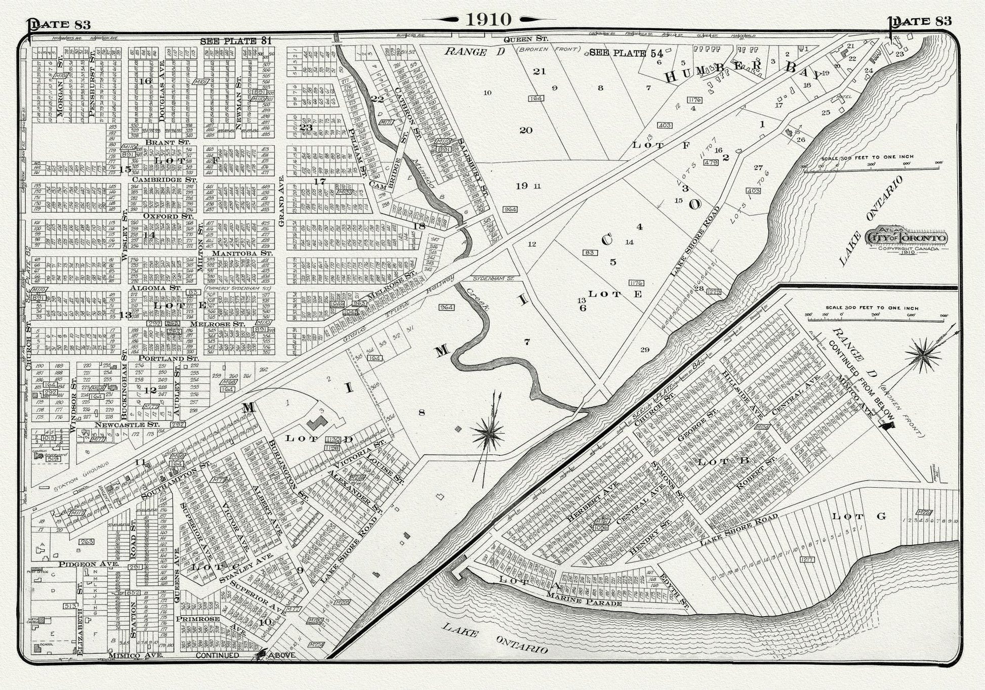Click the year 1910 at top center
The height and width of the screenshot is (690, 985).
click(x=488, y=19)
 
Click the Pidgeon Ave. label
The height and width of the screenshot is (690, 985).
click(x=89, y=564)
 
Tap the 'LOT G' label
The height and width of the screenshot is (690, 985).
click(x=859, y=516)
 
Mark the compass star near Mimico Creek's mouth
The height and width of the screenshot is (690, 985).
click(x=488, y=433)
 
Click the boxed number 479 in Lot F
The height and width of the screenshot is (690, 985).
click(x=711, y=162)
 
